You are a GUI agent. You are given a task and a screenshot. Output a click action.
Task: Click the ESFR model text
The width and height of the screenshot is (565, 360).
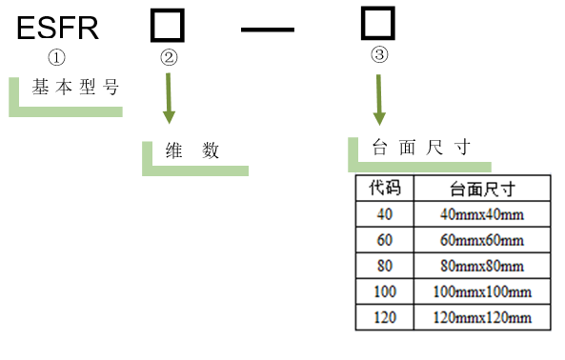coord(58,28)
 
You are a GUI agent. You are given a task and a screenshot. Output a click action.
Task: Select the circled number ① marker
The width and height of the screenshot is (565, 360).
coord(57,57)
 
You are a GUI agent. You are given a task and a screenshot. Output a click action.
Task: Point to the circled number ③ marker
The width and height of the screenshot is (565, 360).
coord(379,55)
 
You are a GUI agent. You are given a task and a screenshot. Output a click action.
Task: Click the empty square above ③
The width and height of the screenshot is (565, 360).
coord(378,21)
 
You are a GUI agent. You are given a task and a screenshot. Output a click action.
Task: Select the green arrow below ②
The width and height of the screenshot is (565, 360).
coord(170,97)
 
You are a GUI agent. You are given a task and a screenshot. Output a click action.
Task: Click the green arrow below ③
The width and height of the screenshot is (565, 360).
coord(379,97)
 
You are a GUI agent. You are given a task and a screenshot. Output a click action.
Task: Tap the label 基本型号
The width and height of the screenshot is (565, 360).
coord(75,88)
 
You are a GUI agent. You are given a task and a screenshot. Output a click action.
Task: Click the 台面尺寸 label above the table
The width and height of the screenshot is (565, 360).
coord(420,148)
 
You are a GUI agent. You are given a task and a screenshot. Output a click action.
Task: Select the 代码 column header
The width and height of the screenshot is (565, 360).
coord(385,188)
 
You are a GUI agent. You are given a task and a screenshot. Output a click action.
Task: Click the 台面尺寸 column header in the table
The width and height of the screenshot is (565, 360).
coord(482,188)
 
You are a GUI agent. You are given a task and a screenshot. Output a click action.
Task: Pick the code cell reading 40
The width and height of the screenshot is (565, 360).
coord(385,214)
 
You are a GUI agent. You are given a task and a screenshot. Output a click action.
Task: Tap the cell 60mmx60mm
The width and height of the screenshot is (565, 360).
coord(482,240)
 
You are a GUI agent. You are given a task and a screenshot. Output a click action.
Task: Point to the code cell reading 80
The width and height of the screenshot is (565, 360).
coord(385,266)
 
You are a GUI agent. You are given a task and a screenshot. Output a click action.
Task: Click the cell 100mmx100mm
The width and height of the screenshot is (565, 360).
coord(482,291)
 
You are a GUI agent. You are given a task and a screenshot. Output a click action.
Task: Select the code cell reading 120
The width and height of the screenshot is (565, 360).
coord(385,317)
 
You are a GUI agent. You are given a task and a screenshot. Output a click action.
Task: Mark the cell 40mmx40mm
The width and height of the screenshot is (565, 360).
coord(482,214)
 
